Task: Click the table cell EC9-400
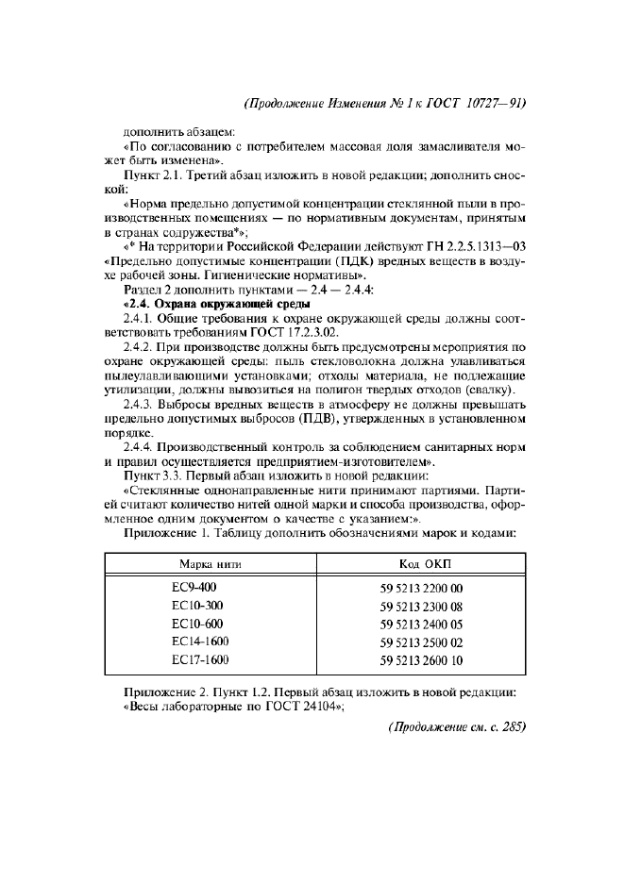(x=194, y=587)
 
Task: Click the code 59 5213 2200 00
(x=422, y=588)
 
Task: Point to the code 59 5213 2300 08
(x=422, y=606)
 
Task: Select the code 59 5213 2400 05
(x=422, y=624)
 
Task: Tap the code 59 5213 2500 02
(x=422, y=641)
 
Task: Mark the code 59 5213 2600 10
(x=422, y=659)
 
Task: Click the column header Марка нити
(x=211, y=562)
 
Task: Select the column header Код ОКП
(x=422, y=562)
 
